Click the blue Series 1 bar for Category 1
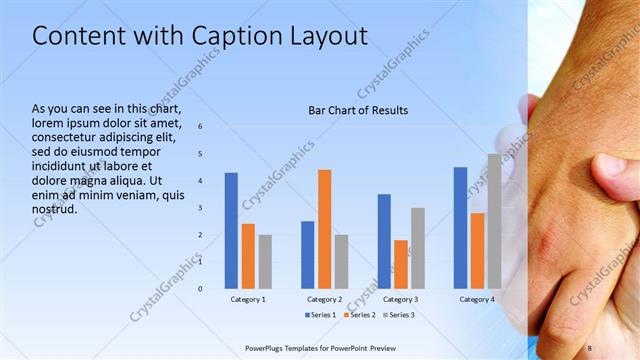coord(231,230)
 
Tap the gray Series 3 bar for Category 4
coord(494,221)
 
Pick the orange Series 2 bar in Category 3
coord(401,264)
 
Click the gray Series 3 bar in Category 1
coord(265,261)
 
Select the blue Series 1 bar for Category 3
coord(384,241)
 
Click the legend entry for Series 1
coord(320,315)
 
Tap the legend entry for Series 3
coord(399,315)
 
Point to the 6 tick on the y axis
coord(200,127)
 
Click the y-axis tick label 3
coord(200,208)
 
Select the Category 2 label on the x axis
coord(324,299)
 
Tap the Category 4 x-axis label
coord(477,299)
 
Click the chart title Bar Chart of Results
coord(357,110)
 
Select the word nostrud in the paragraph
coord(55,209)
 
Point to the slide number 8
coord(590,347)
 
